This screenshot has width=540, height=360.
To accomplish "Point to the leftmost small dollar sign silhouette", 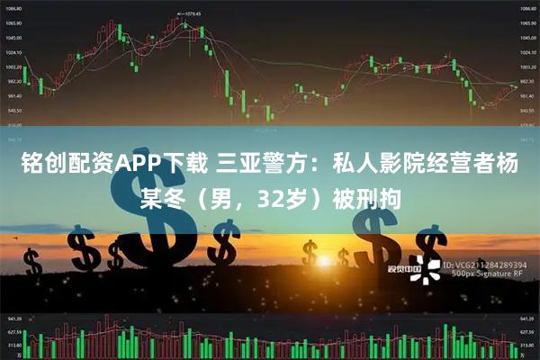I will coord(33,263).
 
